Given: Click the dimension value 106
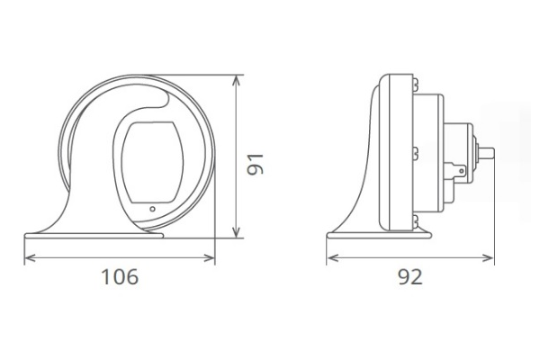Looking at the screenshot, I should pos(119,277).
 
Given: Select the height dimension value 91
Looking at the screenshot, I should pos(256,163).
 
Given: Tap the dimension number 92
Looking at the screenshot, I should pos(409,277).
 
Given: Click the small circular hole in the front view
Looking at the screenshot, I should pos(152,209).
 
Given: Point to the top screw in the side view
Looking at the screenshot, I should pos(416,84).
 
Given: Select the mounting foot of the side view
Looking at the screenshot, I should pos(378,237).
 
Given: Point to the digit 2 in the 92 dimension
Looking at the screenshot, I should pos(417,277).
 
